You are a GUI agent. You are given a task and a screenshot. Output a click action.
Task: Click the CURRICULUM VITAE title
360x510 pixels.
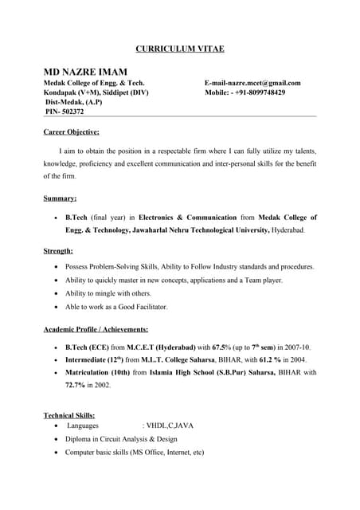click(x=180, y=49)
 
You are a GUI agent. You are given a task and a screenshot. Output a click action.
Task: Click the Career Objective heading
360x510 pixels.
click(x=71, y=131)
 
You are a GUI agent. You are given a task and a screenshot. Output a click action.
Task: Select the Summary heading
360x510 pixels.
click(x=60, y=198)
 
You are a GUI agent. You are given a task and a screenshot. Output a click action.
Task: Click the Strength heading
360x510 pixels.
click(x=58, y=251)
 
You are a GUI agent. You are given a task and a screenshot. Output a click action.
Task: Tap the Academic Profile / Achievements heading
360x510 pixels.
click(x=96, y=329)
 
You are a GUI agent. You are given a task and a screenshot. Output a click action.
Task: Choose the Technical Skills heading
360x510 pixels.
click(x=69, y=415)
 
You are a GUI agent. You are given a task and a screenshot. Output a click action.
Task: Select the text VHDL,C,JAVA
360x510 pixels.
click(x=170, y=426)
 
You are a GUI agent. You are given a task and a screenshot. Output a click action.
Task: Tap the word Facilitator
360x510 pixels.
click(x=149, y=307)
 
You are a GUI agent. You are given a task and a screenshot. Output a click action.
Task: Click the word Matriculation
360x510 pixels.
click(x=94, y=372)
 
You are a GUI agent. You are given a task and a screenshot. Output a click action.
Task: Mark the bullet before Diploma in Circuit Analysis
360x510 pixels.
click(x=54, y=439)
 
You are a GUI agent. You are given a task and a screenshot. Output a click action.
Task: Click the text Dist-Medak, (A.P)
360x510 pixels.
click(x=73, y=102)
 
